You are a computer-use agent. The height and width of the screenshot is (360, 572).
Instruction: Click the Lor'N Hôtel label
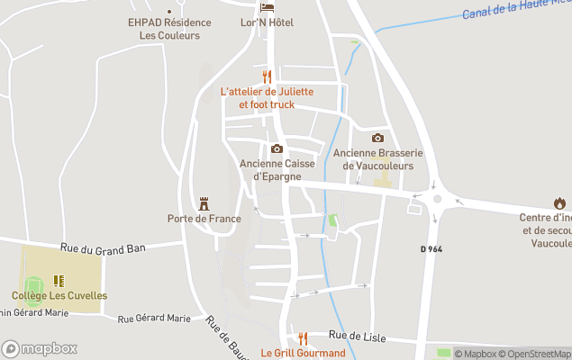point(268,22)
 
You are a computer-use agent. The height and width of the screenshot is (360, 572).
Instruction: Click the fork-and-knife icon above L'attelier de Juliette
point(267,76)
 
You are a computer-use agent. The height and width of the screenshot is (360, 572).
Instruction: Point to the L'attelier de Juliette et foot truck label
point(267,98)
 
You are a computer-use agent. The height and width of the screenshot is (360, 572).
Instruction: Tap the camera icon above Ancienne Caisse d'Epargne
point(277,148)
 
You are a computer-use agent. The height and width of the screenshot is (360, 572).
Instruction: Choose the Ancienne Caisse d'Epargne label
point(277,169)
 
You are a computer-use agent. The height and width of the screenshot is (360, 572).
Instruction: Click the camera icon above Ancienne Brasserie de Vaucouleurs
point(377,138)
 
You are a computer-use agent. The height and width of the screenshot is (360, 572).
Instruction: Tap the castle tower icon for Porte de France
point(204,203)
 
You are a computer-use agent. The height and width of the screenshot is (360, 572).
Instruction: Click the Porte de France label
point(204,219)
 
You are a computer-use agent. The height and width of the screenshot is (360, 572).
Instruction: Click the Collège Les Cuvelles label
point(59,295)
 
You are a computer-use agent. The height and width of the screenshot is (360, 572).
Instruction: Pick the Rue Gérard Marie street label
point(154,318)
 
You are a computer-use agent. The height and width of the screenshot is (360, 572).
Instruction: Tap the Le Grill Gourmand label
point(303,353)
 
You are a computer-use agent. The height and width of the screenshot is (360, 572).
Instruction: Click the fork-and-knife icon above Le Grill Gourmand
point(303,338)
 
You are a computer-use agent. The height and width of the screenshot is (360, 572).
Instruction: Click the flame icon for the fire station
point(560,203)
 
